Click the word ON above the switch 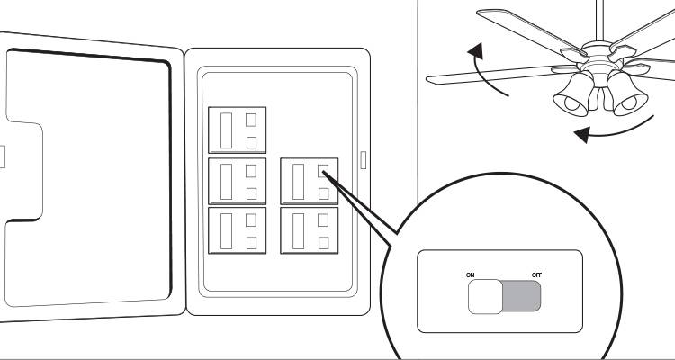click(x=471, y=273)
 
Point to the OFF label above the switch click(x=536, y=273)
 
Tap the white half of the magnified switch click(x=486, y=295)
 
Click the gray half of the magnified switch click(x=523, y=295)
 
